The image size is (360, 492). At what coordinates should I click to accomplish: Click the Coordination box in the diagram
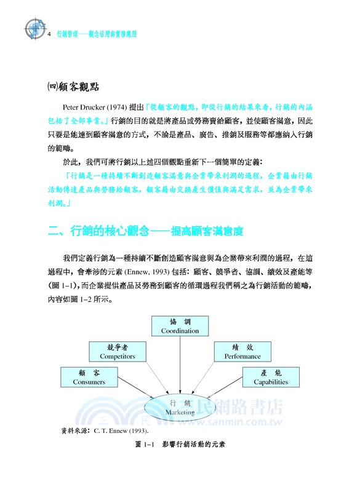[x=180, y=326]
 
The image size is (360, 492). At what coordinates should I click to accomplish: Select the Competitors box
[x=117, y=351]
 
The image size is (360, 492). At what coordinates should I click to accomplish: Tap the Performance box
[x=242, y=351]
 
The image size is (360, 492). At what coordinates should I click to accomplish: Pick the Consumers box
[x=89, y=377]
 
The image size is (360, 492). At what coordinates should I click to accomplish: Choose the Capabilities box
[x=271, y=377]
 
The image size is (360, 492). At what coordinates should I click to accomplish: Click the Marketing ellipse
[x=180, y=406]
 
